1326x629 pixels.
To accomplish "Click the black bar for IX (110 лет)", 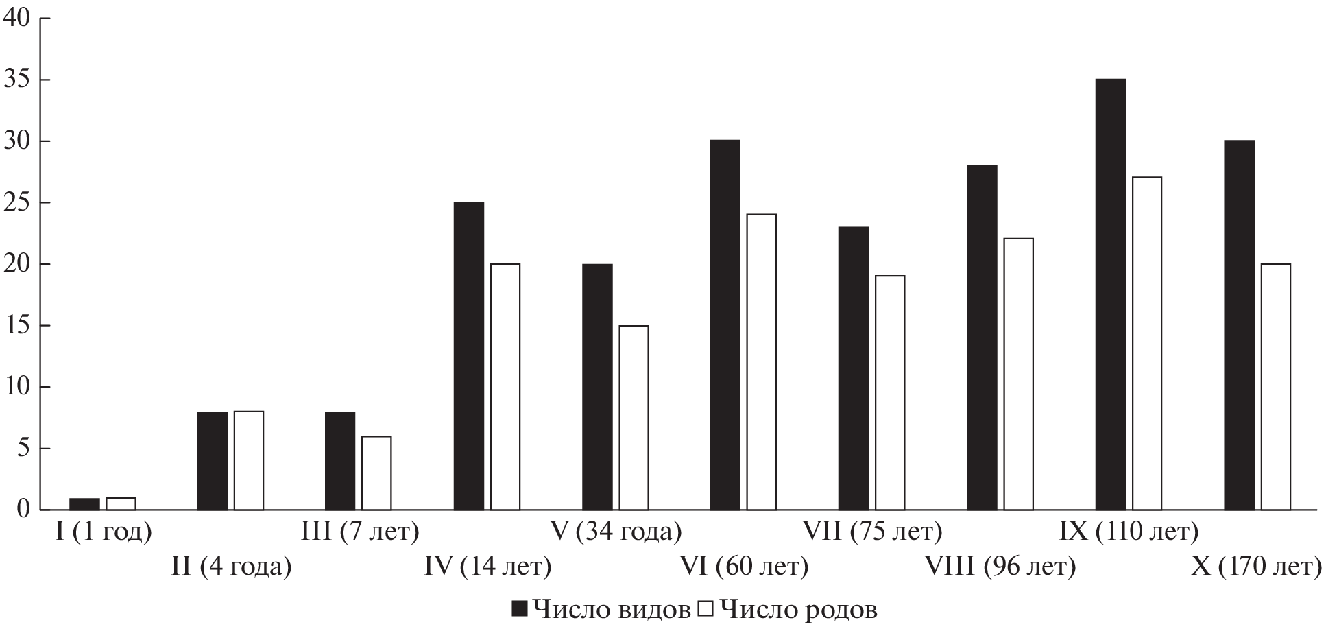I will point(1110,295).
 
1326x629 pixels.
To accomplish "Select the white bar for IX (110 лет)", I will point(1147,344).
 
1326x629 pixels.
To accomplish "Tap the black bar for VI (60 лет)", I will point(725,325).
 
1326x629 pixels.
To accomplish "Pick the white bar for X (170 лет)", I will point(1275,387).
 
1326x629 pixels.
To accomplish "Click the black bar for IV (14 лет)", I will point(468,356).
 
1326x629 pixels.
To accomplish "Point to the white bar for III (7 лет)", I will point(376,473).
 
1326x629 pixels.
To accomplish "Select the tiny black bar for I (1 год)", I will point(84,504).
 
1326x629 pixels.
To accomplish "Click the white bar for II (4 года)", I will point(248,461).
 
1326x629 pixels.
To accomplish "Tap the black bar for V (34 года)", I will point(597,387).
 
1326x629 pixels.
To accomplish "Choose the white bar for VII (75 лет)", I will point(890,393).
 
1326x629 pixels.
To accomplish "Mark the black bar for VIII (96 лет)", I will point(982,337).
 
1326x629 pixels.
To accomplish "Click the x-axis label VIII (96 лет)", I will point(1000,567).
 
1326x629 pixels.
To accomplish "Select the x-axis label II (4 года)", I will point(231,567).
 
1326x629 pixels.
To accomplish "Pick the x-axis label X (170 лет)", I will point(1256,567).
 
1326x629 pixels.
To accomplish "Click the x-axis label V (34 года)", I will point(616,532).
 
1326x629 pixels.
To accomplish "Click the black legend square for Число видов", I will point(520,608).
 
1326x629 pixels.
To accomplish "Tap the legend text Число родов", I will point(799,608).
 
